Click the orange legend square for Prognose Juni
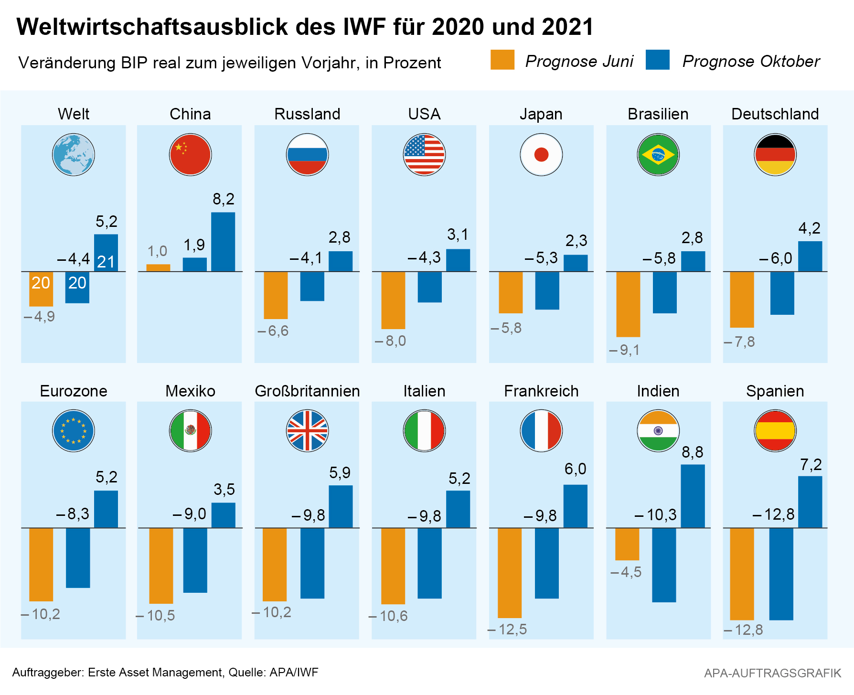coord(502,60)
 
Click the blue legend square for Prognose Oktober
coord(657,60)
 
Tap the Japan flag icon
coord(541,155)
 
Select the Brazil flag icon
coord(658,155)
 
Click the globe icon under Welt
coord(74,155)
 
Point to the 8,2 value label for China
coord(224,199)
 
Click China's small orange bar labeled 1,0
coord(158,267)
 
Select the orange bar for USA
coord(393,300)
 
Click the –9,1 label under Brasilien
coord(624,350)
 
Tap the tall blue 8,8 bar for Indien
coord(693,496)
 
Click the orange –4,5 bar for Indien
coord(627,544)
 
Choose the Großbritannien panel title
coord(307,391)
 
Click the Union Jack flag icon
coord(307,431)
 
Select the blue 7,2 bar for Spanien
coord(810,502)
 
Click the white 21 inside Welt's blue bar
coord(106,262)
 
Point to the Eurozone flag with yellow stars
coord(74,431)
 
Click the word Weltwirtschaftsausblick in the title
coord(152,27)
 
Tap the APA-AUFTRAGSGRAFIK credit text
coord(772,673)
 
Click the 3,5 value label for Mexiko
coord(224,489)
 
